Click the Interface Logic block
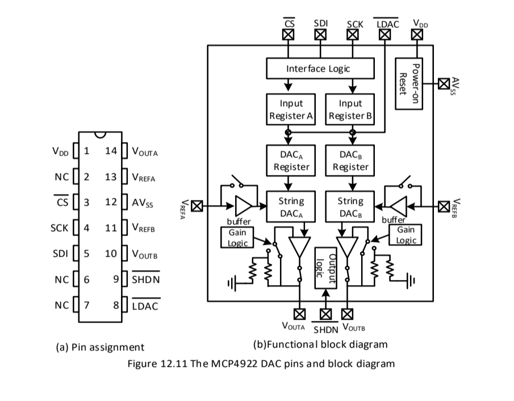(x=320, y=69)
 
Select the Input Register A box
(x=291, y=110)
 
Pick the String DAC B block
(x=350, y=207)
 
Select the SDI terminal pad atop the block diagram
(x=321, y=35)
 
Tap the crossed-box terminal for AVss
(x=444, y=84)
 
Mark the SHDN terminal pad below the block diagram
(x=325, y=314)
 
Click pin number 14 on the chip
(x=110, y=151)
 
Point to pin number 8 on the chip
(x=116, y=305)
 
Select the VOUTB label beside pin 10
(x=145, y=254)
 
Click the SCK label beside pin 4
(x=59, y=228)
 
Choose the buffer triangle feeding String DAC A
(x=244, y=206)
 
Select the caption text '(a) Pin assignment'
(x=100, y=346)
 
